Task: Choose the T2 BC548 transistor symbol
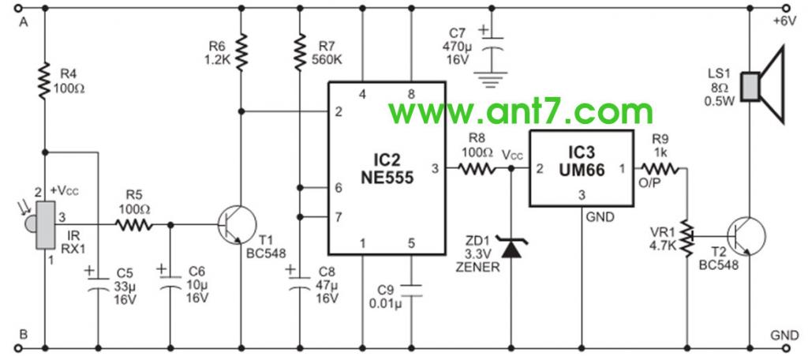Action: click(745, 235)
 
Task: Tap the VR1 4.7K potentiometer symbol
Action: click(688, 235)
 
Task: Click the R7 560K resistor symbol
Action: click(301, 52)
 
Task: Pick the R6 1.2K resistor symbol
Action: click(241, 51)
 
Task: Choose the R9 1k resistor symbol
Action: click(661, 168)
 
